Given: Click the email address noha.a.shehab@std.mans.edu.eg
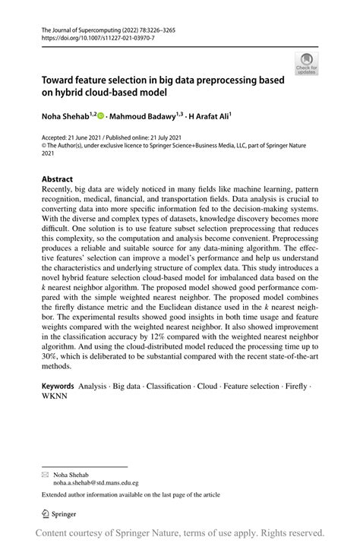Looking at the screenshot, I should click(94, 481).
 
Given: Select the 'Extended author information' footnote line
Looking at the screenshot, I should click(130, 494).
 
